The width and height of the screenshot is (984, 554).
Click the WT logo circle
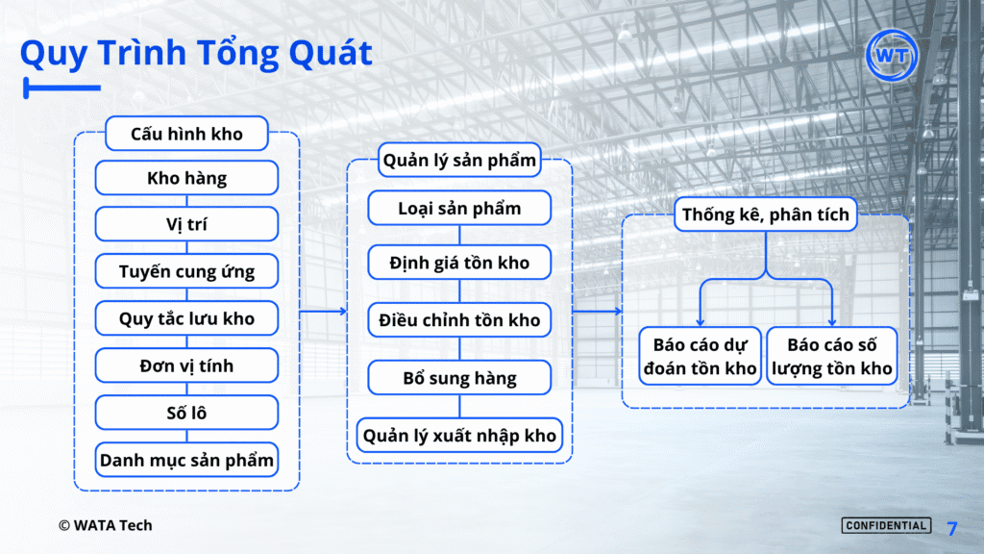tap(891, 55)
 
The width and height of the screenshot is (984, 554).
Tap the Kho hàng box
tap(186, 178)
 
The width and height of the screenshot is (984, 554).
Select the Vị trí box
tap(186, 224)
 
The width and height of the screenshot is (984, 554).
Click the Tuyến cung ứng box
tap(186, 271)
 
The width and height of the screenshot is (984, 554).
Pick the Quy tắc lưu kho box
tap(186, 318)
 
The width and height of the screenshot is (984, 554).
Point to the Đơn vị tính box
tap(186, 365)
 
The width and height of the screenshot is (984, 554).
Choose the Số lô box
tap(186, 413)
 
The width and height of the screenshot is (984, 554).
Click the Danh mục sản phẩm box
tap(186, 460)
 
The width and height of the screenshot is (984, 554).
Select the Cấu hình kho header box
tap(186, 133)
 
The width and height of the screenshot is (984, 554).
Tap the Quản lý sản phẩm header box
tap(459, 161)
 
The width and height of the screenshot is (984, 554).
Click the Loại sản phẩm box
tap(459, 208)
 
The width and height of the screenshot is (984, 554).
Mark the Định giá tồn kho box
tap(459, 263)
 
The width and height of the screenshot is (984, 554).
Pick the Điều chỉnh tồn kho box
tap(459, 319)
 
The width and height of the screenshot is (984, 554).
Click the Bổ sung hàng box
tap(459, 377)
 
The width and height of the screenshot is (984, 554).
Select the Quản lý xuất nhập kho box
tap(459, 436)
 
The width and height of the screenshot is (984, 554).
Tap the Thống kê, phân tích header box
tap(766, 214)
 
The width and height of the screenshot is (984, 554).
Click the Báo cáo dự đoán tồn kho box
tap(700, 356)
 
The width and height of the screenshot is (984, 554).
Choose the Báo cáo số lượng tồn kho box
tap(831, 356)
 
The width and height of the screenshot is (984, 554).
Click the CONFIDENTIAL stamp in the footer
tap(886, 526)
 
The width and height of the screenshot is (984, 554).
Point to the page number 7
tap(952, 528)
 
